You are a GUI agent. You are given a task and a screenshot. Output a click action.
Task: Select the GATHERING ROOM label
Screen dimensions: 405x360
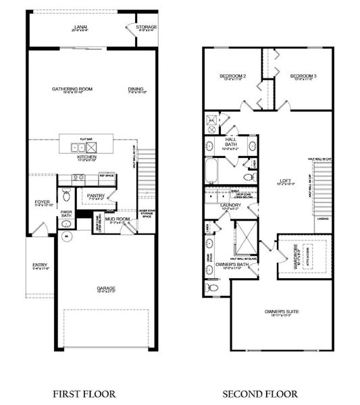(72, 88)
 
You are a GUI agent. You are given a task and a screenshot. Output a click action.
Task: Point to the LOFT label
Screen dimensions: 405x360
(285, 180)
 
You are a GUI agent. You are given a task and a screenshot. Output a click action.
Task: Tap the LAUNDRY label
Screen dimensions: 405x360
(231, 205)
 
